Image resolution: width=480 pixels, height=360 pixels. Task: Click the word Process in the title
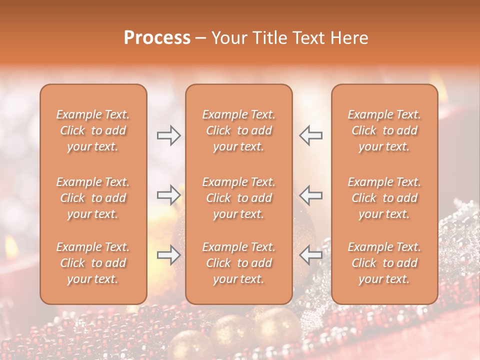point(157,38)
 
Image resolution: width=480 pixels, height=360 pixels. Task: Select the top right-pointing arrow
point(168,135)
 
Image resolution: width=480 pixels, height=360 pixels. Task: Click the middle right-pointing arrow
point(168,195)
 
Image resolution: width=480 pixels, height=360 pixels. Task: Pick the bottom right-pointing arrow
point(168,255)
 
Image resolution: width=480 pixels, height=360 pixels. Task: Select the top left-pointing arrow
point(310,135)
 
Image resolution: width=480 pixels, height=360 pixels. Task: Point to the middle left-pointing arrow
point(310,195)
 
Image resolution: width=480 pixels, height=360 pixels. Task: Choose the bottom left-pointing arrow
point(310,255)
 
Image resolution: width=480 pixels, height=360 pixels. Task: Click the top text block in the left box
point(93,130)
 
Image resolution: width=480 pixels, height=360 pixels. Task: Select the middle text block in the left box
point(93,198)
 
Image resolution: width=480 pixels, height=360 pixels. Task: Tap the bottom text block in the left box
point(93,263)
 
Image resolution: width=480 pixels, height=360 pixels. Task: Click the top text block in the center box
point(238,130)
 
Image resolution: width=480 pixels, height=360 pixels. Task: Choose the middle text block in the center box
point(238,198)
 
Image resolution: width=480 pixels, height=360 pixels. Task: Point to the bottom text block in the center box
point(238,263)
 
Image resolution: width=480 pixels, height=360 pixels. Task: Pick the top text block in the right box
point(384,130)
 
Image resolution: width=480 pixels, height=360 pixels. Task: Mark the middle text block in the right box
point(384,198)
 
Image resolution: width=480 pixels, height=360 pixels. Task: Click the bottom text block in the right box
point(384,263)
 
